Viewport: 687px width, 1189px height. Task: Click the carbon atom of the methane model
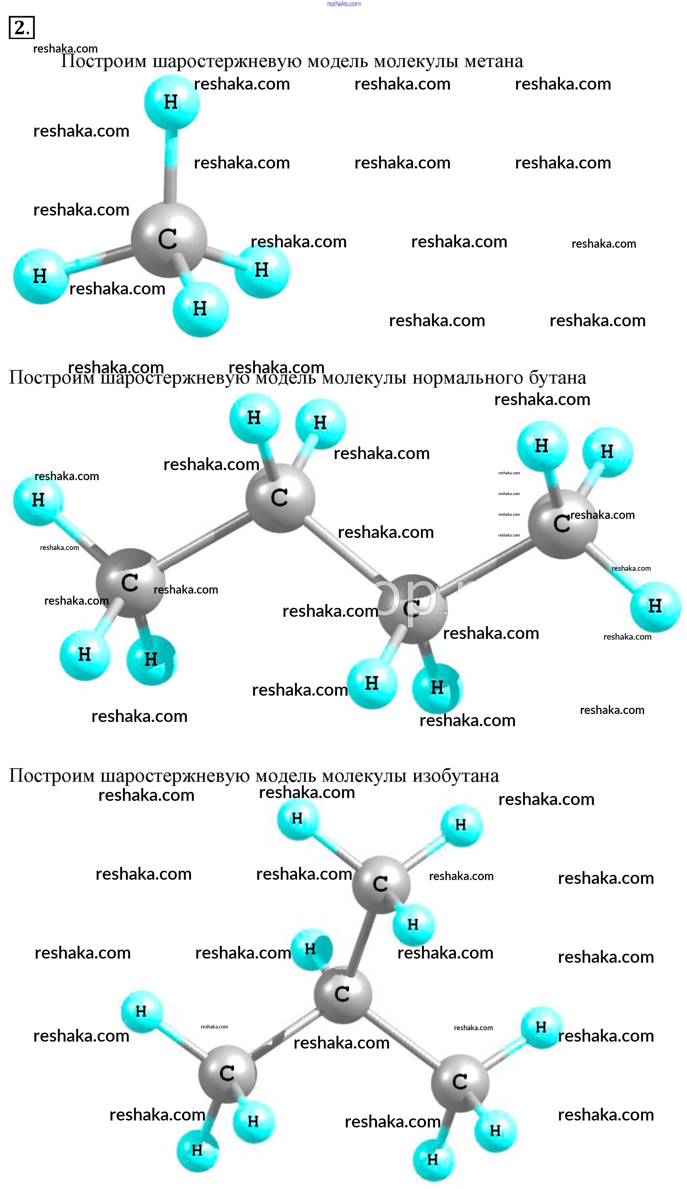pyautogui.click(x=169, y=239)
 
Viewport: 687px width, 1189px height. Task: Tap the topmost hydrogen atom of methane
pyautogui.click(x=171, y=101)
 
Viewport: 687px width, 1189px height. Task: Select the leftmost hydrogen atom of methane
pyautogui.click(x=40, y=276)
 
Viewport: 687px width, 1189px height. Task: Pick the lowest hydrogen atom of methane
pyautogui.click(x=200, y=309)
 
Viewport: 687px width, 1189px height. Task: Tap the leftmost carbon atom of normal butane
pyautogui.click(x=130, y=583)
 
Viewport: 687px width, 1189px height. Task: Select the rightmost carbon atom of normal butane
pyautogui.click(x=562, y=523)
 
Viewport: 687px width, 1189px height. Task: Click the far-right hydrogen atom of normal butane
pyautogui.click(x=655, y=606)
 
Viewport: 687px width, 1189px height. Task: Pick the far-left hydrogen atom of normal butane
pyautogui.click(x=38, y=500)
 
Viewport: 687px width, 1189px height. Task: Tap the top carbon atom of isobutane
pyautogui.click(x=380, y=884)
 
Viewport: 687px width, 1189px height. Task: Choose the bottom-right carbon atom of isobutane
pyautogui.click(x=460, y=1081)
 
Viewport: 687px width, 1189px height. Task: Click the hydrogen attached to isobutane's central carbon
pyautogui.click(x=310, y=949)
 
